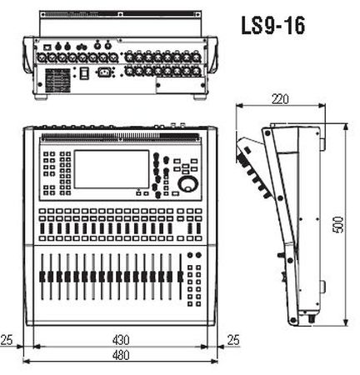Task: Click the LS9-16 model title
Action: [273, 25]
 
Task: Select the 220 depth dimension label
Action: [280, 99]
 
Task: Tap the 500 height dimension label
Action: [338, 224]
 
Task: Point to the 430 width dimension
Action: [121, 340]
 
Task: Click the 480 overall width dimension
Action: [121, 355]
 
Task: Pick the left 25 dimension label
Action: [7, 340]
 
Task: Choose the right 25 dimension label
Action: [233, 340]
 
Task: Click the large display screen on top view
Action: [112, 169]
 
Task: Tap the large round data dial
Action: [188, 184]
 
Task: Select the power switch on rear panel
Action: [84, 73]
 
